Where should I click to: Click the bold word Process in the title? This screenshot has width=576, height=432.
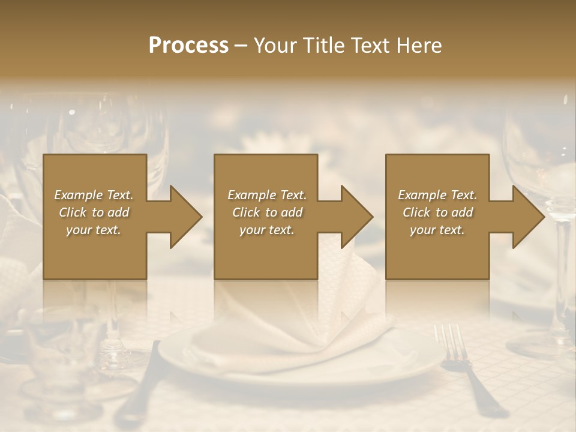188,46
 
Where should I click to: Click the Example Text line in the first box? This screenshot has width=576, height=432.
94,195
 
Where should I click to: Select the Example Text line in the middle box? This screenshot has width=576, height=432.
266,195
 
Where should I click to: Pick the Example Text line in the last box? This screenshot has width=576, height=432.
437,195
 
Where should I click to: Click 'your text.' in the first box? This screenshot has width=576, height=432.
94,230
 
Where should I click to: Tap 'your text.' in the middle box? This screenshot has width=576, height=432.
266,230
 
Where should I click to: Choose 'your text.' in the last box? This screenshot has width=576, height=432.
437,230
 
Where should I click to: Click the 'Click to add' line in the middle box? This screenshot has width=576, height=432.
266,212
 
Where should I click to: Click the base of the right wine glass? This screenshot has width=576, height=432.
540,348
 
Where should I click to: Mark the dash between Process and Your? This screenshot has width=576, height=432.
241,46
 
